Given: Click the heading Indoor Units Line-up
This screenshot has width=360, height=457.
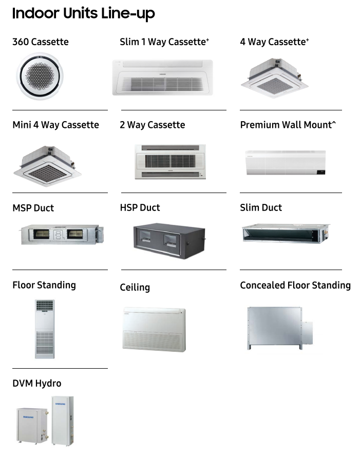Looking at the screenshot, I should click(x=83, y=14).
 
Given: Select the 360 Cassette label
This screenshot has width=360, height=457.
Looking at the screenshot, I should click(x=40, y=42).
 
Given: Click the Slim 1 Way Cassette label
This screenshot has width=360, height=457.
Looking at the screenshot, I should click(x=164, y=42).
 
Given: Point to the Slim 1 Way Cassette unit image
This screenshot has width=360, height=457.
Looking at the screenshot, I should click(x=169, y=77).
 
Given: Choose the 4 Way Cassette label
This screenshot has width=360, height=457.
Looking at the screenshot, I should click(x=274, y=42).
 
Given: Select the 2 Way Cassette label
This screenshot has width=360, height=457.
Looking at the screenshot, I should click(x=152, y=125).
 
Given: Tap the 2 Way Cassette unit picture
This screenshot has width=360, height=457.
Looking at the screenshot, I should click(x=170, y=162).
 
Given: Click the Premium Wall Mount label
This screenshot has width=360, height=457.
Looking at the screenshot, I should click(x=288, y=125).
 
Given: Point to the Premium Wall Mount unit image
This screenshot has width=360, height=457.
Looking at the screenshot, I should click(x=285, y=163).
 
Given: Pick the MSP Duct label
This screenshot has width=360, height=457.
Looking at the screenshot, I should click(x=33, y=208).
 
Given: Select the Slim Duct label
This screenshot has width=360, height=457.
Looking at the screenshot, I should click(x=261, y=207).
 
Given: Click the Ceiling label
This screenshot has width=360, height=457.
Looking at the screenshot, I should click(x=135, y=288).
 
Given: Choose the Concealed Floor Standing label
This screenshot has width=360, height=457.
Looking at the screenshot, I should click(x=295, y=285).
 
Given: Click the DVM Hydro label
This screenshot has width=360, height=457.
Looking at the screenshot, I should click(x=36, y=384).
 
